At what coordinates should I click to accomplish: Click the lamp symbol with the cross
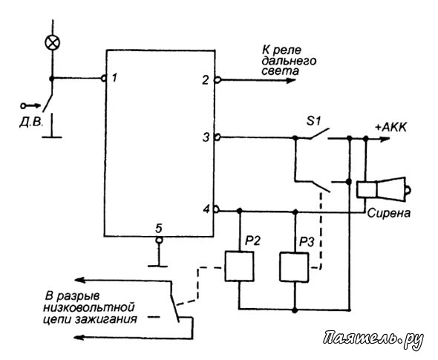pyautogui.click(x=53, y=43)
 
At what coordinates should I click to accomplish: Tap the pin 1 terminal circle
pyautogui.click(x=104, y=79)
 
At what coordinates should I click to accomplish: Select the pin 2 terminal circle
pyautogui.click(x=218, y=80)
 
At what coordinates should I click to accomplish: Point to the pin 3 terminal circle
pyautogui.click(x=218, y=137)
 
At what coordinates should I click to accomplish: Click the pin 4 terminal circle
pyautogui.click(x=217, y=209)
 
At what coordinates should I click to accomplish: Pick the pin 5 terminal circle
pyautogui.click(x=159, y=240)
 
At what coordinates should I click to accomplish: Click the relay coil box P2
pyautogui.click(x=239, y=266)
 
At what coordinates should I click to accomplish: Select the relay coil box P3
pyautogui.click(x=295, y=267)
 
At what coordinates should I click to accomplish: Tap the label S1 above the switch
pyautogui.click(x=314, y=121)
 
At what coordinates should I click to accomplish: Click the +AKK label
pyautogui.click(x=390, y=128)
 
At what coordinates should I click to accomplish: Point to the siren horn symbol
pyautogui.click(x=384, y=189)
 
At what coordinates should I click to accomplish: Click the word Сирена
pyautogui.click(x=389, y=213)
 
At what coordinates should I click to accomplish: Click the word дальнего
pyautogui.click(x=289, y=61)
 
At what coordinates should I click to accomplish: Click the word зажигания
pyautogui.click(x=106, y=318)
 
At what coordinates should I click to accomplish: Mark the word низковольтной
pyautogui.click(x=89, y=307)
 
